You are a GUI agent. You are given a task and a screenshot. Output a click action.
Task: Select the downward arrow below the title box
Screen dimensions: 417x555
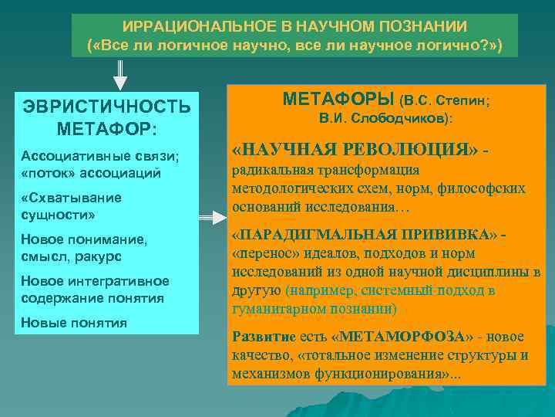(x=120, y=73)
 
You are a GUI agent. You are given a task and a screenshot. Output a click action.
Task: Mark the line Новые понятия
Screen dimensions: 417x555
(x=74, y=322)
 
